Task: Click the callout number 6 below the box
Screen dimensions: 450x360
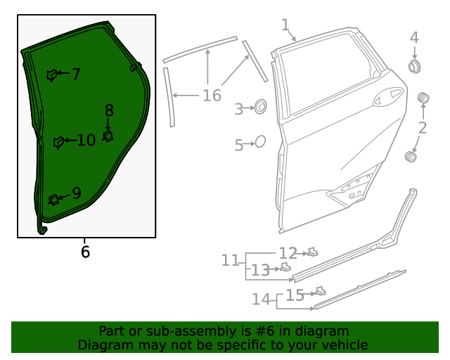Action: [x=85, y=252]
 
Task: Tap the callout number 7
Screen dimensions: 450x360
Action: [x=76, y=74]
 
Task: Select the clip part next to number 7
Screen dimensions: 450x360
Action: [x=52, y=75]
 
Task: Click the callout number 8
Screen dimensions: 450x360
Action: [x=109, y=110]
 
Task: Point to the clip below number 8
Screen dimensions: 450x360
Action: [x=108, y=136]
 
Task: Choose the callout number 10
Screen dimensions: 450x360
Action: [x=86, y=140]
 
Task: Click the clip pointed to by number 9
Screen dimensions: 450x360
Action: [x=53, y=200]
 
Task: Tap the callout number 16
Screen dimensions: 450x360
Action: [x=212, y=96]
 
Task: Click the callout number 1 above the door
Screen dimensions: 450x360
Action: [x=285, y=25]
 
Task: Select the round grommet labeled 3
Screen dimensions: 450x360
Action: [x=261, y=106]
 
